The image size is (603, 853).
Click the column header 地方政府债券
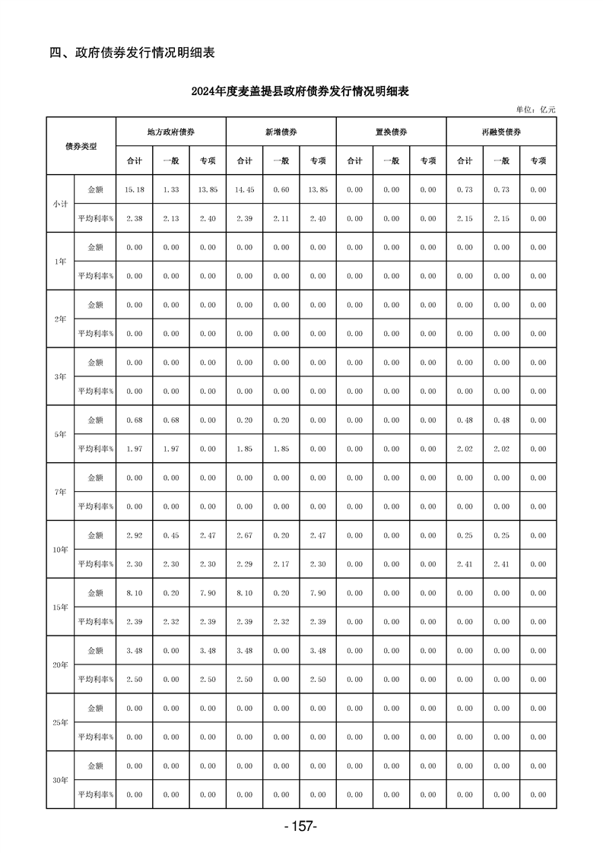pyautogui.click(x=171, y=132)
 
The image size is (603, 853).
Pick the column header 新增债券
pyautogui.click(x=281, y=132)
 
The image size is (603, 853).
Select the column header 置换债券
pyautogui.click(x=392, y=132)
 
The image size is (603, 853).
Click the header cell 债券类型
pyautogui.click(x=81, y=146)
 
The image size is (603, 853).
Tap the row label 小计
pyautogui.click(x=60, y=204)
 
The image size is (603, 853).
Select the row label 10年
pyautogui.click(x=60, y=550)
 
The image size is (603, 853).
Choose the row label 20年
pyautogui.click(x=60, y=665)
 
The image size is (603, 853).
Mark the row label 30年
pyautogui.click(x=60, y=780)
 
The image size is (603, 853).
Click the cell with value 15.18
pyautogui.click(x=134, y=189)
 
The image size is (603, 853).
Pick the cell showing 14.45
pyautogui.click(x=244, y=189)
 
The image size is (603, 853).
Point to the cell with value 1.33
pyautogui.click(x=170, y=189)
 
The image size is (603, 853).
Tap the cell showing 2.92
pyautogui.click(x=134, y=535)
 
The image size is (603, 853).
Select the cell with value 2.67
pyautogui.click(x=244, y=535)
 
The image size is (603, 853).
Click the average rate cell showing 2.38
pyautogui.click(x=134, y=218)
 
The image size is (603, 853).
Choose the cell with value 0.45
pyautogui.click(x=170, y=535)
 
